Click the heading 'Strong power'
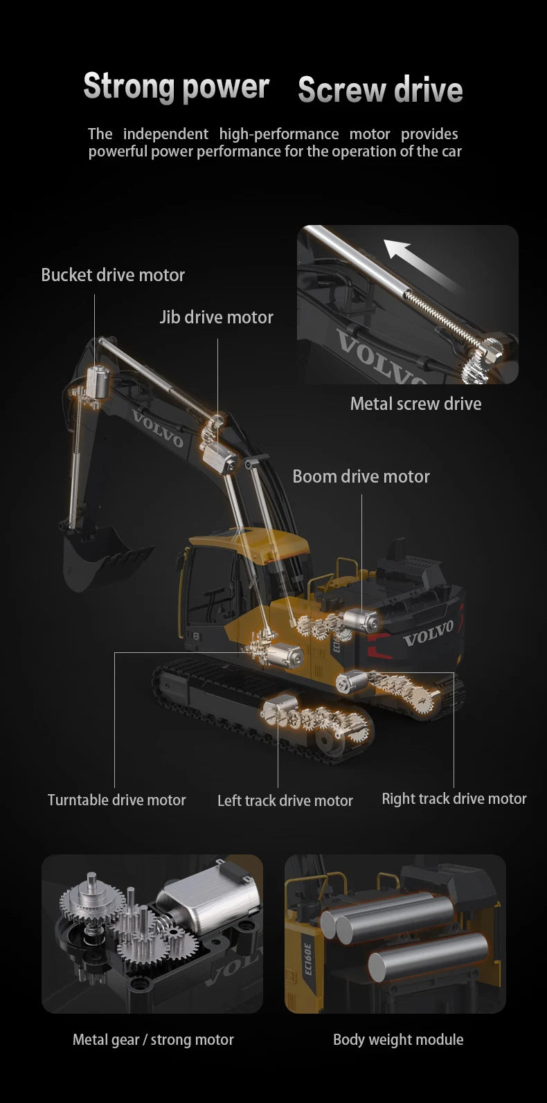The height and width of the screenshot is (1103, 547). pyautogui.click(x=176, y=87)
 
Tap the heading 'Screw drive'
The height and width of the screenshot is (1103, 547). pyautogui.click(x=380, y=90)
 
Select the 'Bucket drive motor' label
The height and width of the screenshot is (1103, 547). pyautogui.click(x=113, y=275)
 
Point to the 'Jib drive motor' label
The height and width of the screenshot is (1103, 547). pyautogui.click(x=216, y=317)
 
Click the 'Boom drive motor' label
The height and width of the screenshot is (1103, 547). pyautogui.click(x=361, y=476)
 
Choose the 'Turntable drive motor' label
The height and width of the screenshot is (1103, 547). pyautogui.click(x=116, y=800)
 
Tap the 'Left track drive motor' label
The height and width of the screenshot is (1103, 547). pyautogui.click(x=285, y=800)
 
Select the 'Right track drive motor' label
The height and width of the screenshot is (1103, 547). pyautogui.click(x=454, y=798)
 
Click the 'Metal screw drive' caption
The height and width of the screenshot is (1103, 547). pyautogui.click(x=415, y=404)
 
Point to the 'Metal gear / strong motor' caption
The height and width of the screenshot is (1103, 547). pyautogui.click(x=153, y=1039)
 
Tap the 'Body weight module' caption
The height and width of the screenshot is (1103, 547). pyautogui.click(x=398, y=1039)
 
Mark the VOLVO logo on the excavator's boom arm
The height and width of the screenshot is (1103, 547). pyautogui.click(x=157, y=429)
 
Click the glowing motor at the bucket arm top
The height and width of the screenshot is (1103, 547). pyautogui.click(x=98, y=382)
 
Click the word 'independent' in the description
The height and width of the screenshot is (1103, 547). pyautogui.click(x=165, y=134)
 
